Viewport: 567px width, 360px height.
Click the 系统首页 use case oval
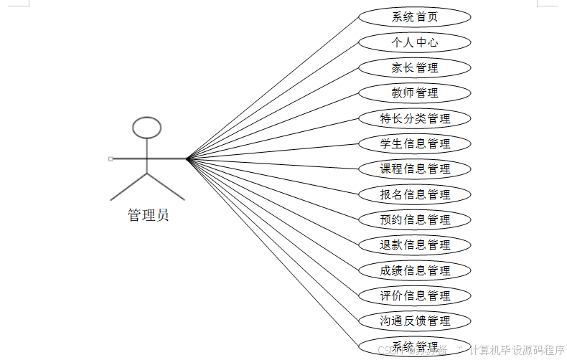(x=415, y=17)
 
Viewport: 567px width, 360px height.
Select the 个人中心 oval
(x=415, y=42)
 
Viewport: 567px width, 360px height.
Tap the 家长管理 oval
(x=415, y=68)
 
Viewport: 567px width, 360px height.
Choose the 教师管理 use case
(x=415, y=93)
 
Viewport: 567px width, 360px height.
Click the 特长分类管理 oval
(x=415, y=118)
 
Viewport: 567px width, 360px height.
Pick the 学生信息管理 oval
(x=415, y=143)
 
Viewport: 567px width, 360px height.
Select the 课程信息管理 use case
(x=415, y=169)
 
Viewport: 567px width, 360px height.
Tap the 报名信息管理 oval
(x=415, y=194)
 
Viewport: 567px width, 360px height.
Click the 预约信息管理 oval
(x=415, y=219)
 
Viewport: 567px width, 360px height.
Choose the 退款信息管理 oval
(x=415, y=245)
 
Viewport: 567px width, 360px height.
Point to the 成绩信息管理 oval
(x=415, y=270)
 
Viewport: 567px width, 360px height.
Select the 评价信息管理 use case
(x=415, y=295)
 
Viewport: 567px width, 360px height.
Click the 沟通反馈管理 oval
(x=415, y=321)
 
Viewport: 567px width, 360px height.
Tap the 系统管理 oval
(x=415, y=345)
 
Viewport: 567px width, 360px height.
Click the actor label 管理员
(x=148, y=215)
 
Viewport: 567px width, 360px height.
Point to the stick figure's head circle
(x=147, y=128)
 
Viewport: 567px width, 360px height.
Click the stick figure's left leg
(x=128, y=186)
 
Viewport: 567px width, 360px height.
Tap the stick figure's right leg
(x=167, y=186)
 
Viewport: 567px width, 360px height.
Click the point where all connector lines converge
(x=187, y=158)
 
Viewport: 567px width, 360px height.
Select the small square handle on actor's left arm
(x=110, y=158)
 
